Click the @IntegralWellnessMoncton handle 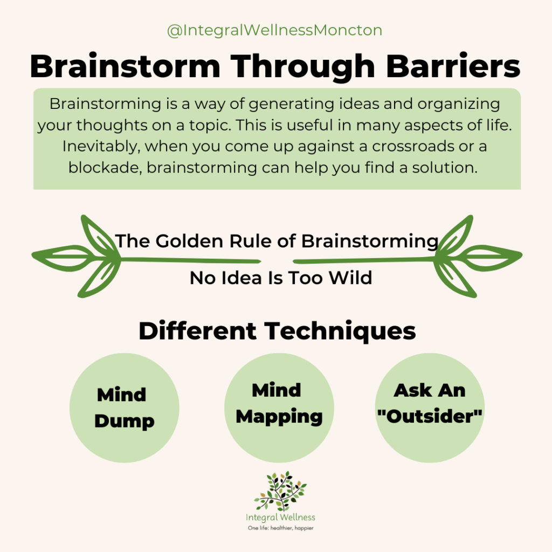[x=274, y=30]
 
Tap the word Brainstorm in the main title [x=125, y=66]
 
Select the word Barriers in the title [x=453, y=66]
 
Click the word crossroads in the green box [x=413, y=146]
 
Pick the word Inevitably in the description [x=101, y=147]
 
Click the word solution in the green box [x=445, y=168]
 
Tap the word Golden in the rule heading [x=189, y=241]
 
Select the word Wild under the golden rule [x=350, y=278]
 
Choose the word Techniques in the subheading [x=340, y=332]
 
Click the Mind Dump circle [x=125, y=408]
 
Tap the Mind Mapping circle [x=279, y=408]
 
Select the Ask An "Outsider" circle [x=430, y=408]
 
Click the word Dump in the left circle [x=125, y=421]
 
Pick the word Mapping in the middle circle [x=279, y=417]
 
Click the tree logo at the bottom [x=280, y=491]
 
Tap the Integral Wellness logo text [x=280, y=517]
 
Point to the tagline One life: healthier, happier [x=280, y=528]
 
